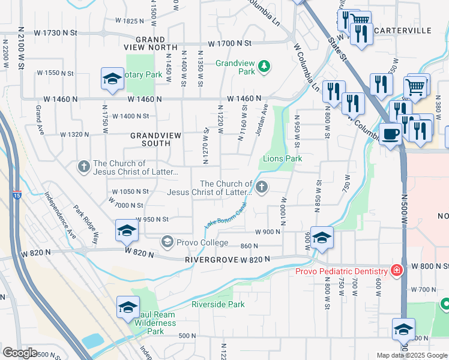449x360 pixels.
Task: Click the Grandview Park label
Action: [x=235, y=67]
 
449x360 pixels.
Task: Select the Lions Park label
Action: [x=282, y=158]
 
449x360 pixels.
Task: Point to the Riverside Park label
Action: [x=218, y=304]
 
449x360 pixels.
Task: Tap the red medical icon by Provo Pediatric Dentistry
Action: [x=396, y=271]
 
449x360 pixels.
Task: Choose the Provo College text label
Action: [x=202, y=242]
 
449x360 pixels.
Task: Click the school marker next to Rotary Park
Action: [x=112, y=79]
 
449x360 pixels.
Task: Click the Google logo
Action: [x=20, y=352]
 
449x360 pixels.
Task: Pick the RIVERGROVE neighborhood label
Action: [x=212, y=260]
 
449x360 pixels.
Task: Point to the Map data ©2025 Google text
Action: [x=412, y=355]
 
